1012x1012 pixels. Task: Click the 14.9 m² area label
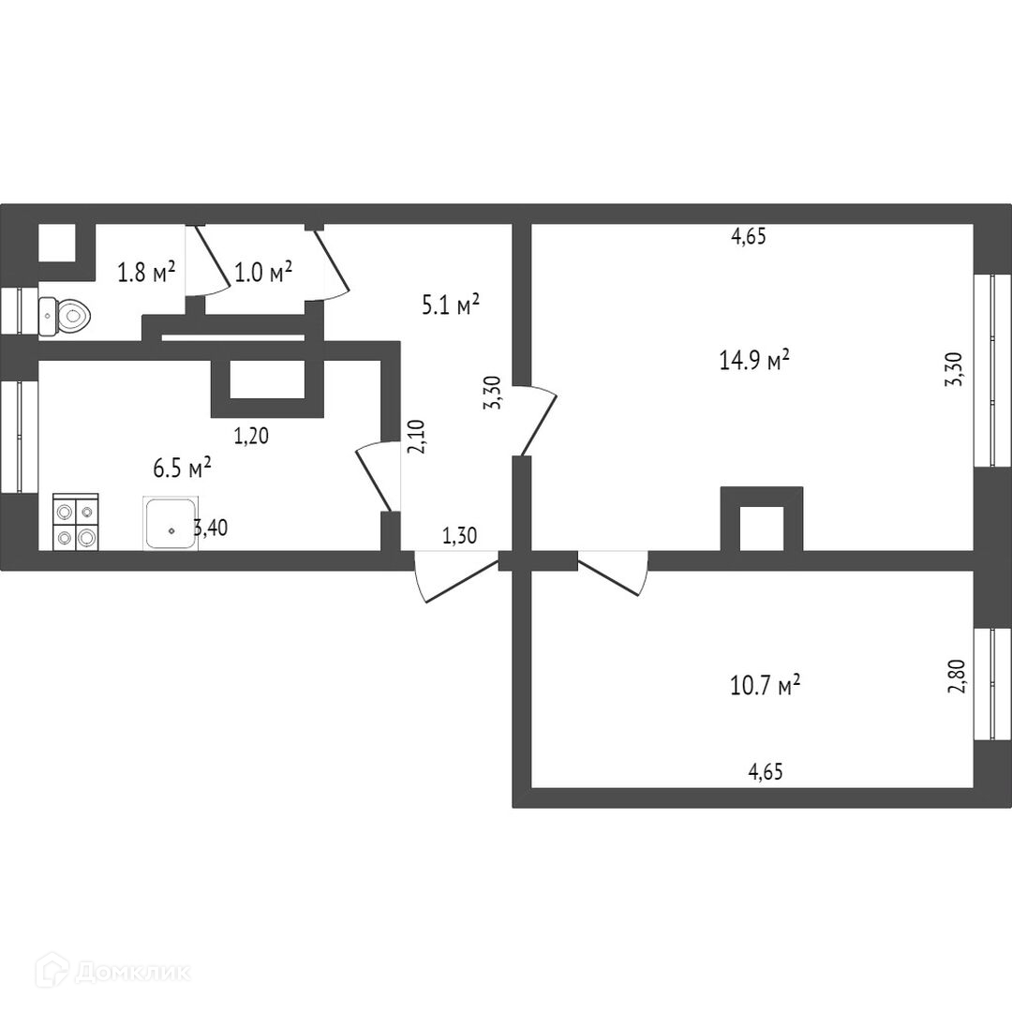(x=753, y=360)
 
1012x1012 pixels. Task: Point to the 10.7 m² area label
(x=765, y=686)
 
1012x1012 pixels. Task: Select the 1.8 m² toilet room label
(x=146, y=273)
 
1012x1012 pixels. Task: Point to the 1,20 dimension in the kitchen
(x=249, y=435)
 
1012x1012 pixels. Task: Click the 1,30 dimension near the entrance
(x=459, y=537)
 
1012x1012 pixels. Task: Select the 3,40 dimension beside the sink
(x=210, y=528)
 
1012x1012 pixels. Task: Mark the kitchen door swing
(x=377, y=476)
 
